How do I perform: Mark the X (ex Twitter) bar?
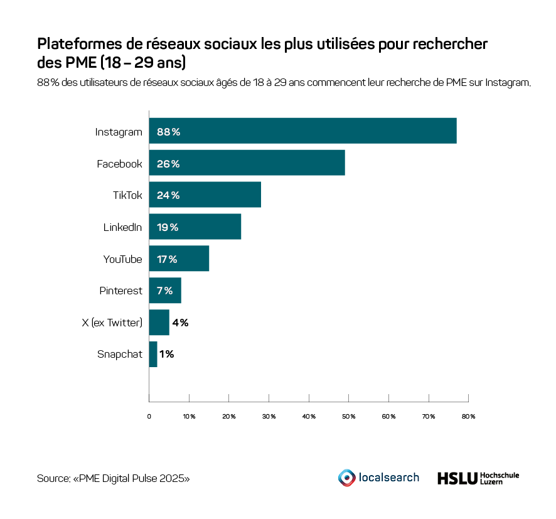pyautogui.click(x=159, y=323)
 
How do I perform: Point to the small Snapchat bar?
pyautogui.click(x=153, y=355)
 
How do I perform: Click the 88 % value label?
pyautogui.click(x=168, y=132)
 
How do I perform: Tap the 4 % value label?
pyautogui.click(x=180, y=323)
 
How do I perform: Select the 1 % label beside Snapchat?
pyautogui.click(x=166, y=355)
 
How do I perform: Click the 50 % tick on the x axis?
pyautogui.click(x=349, y=416)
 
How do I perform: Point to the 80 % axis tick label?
pyautogui.click(x=468, y=416)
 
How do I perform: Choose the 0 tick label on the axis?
pyautogui.click(x=149, y=416)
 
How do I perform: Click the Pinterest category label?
pyautogui.click(x=120, y=291)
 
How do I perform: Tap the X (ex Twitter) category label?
pyautogui.click(x=112, y=323)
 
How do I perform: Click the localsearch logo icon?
pyautogui.click(x=346, y=478)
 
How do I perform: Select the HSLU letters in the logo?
pyautogui.click(x=456, y=478)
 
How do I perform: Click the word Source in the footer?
pyautogui.click(x=52, y=478)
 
